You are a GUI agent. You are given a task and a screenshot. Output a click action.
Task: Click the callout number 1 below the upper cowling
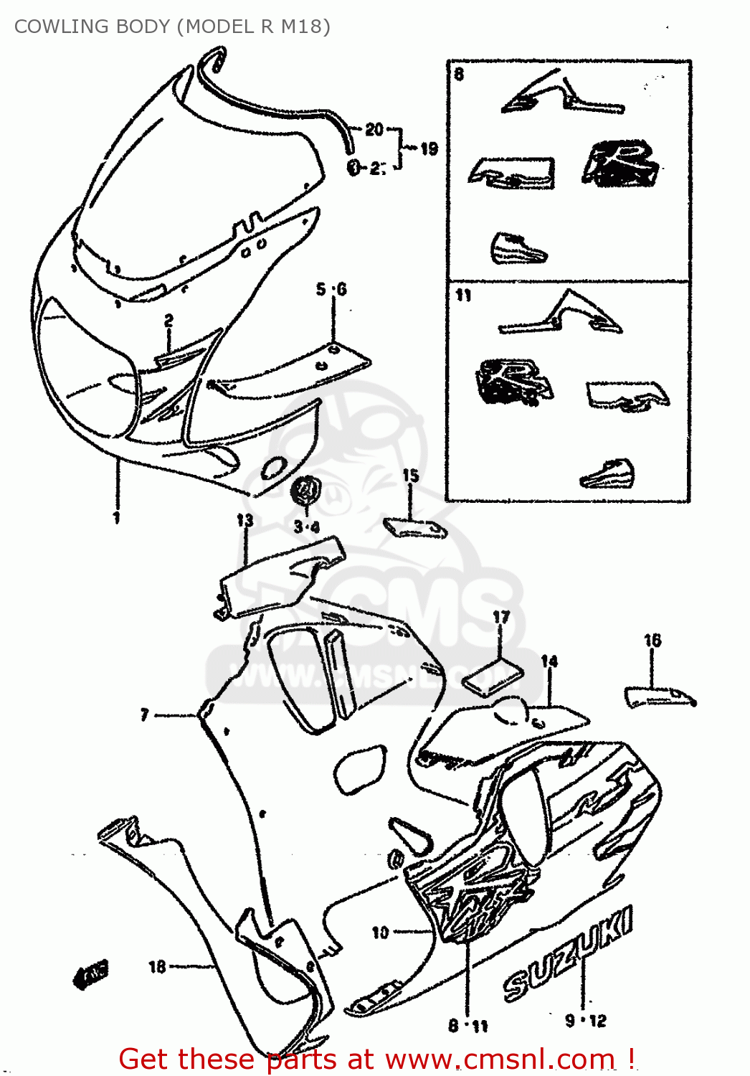(x=117, y=517)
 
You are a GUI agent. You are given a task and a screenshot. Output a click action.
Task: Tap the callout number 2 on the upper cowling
(x=168, y=321)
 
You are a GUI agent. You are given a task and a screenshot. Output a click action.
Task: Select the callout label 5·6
(x=331, y=289)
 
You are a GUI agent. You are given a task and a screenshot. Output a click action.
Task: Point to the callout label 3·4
(x=306, y=527)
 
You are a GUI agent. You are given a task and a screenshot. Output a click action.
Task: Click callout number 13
(x=245, y=520)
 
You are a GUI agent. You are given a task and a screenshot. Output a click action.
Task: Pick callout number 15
(x=410, y=476)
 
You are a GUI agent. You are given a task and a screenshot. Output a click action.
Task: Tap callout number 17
(x=501, y=617)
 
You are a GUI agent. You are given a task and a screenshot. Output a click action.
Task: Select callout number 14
(x=549, y=661)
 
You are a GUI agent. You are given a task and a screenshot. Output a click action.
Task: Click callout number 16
(x=652, y=640)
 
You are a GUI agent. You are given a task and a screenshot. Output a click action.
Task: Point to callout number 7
(x=145, y=714)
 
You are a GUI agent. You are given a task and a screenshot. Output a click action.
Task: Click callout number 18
(x=157, y=967)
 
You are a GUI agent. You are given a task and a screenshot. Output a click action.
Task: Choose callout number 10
(x=380, y=932)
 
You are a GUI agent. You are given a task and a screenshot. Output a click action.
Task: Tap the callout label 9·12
(x=586, y=1020)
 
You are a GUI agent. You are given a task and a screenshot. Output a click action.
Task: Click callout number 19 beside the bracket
(x=429, y=148)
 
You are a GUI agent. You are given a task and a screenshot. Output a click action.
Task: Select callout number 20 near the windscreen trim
(x=374, y=129)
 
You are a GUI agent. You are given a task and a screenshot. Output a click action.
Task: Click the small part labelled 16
(x=658, y=696)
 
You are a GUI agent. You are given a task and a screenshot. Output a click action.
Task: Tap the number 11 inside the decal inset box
(x=463, y=295)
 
